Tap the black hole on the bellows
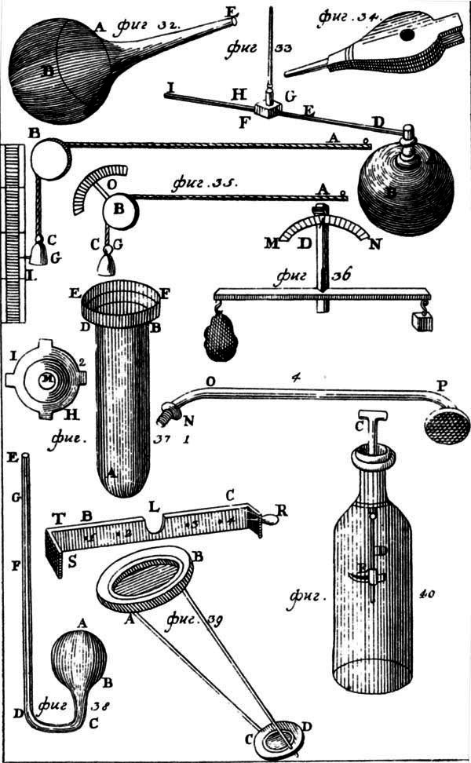406,35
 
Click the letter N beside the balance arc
376,243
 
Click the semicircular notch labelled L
154,520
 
